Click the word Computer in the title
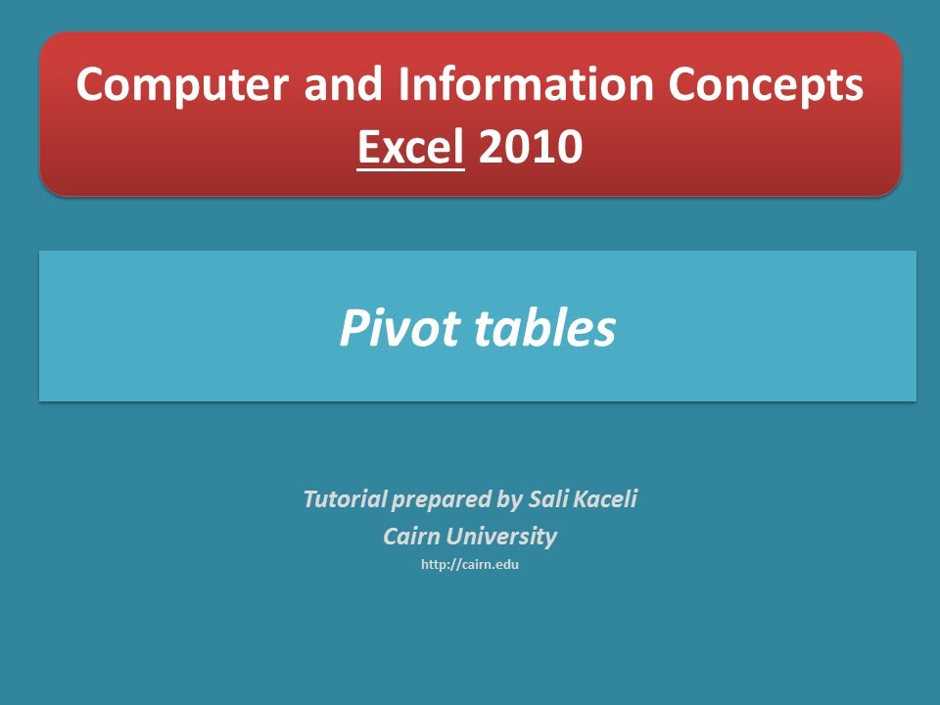coord(184,85)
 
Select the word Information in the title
coord(526,85)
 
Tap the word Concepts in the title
coord(766,85)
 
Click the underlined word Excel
coord(410,147)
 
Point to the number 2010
coord(531,147)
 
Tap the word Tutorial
coord(346,499)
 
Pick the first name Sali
coord(547,499)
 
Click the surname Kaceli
coord(605,499)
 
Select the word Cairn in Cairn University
coord(411,537)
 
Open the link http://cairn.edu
coord(469,565)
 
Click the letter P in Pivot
coord(352,329)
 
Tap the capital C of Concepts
coord(682,85)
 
